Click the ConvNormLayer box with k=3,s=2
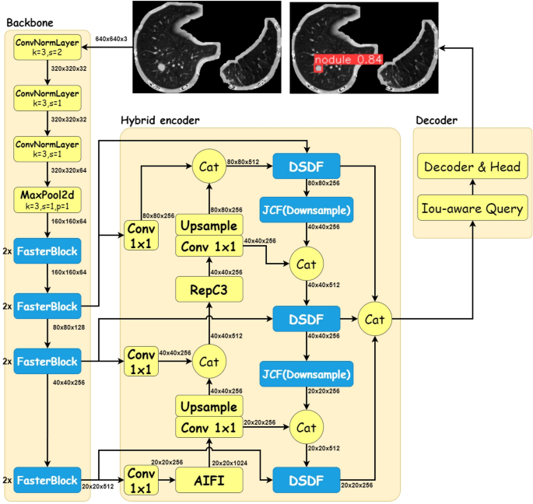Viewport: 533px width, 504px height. coord(47,48)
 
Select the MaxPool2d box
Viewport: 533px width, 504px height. coord(47,203)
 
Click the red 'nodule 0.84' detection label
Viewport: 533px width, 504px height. coord(337,59)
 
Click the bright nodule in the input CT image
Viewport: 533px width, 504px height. coord(161,68)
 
